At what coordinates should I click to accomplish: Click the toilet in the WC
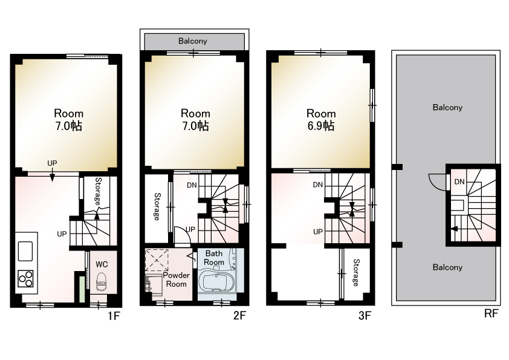click(x=102, y=282)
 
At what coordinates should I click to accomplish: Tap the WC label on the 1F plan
click(x=102, y=264)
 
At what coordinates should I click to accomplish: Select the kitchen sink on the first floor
click(x=25, y=251)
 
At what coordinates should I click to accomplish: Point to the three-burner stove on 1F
click(x=25, y=279)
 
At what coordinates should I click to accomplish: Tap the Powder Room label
click(x=177, y=280)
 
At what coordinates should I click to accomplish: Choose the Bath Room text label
click(x=214, y=258)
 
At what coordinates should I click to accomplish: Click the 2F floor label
click(x=239, y=315)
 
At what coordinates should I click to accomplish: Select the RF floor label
click(x=491, y=313)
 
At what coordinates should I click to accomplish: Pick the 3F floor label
click(x=365, y=315)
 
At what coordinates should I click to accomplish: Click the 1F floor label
click(x=114, y=316)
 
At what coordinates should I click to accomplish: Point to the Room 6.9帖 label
click(x=321, y=120)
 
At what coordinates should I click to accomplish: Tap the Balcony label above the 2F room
click(x=192, y=41)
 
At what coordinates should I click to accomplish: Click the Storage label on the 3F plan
click(x=356, y=273)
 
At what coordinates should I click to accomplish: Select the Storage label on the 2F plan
click(x=157, y=207)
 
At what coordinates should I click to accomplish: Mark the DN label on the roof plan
click(x=459, y=182)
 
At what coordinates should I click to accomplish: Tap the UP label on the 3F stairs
click(x=318, y=232)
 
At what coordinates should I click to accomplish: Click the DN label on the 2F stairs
click(x=192, y=185)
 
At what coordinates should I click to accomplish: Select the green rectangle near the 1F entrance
click(x=82, y=289)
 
